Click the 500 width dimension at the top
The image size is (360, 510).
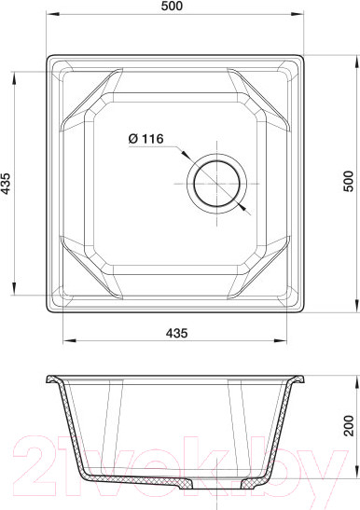[x=172, y=6]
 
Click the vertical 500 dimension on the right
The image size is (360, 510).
[x=348, y=181]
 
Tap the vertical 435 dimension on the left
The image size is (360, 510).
[x=6, y=184]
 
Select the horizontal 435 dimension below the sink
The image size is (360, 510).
[x=177, y=333]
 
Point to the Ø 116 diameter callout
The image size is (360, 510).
[x=145, y=139]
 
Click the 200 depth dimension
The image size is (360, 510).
[x=348, y=425]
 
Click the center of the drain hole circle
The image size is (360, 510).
[x=216, y=184]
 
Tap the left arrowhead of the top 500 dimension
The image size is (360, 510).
[x=52, y=14]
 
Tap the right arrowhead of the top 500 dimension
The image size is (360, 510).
[x=298, y=14]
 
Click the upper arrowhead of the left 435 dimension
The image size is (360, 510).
[x=14, y=78]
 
